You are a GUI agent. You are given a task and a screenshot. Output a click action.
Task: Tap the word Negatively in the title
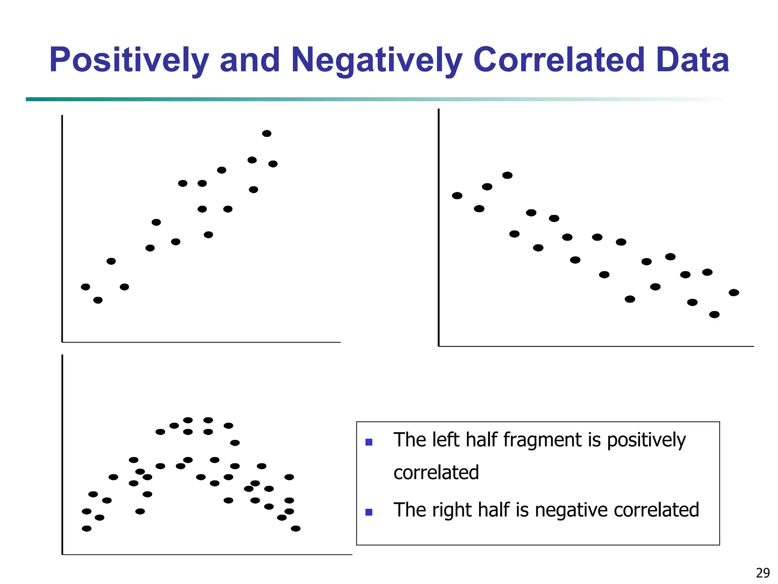pos(376,60)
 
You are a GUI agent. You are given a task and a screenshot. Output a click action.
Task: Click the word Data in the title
pos(692,60)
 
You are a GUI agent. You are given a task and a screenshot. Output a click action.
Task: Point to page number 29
pos(763,573)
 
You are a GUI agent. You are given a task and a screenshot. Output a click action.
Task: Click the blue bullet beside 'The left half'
pos(368,442)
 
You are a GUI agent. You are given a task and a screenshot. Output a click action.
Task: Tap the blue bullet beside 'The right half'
pos(368,512)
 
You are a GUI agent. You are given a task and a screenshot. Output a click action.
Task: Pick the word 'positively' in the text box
pos(646,440)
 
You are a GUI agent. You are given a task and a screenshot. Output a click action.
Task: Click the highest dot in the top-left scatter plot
pos(267,133)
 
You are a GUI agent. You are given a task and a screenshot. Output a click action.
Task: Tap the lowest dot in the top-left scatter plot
pos(98,300)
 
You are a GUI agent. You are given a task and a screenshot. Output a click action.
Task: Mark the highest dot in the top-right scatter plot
pos(507,175)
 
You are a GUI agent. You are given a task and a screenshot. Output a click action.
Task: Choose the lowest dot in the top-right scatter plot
pos(714,314)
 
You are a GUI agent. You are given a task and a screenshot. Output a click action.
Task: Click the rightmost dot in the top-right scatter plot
pos(734,292)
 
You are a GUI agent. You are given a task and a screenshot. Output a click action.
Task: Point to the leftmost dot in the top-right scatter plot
pos(457,195)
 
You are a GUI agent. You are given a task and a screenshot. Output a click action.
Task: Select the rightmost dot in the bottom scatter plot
pos(296,528)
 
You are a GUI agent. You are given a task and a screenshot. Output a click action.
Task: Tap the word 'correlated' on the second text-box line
pos(436,473)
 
